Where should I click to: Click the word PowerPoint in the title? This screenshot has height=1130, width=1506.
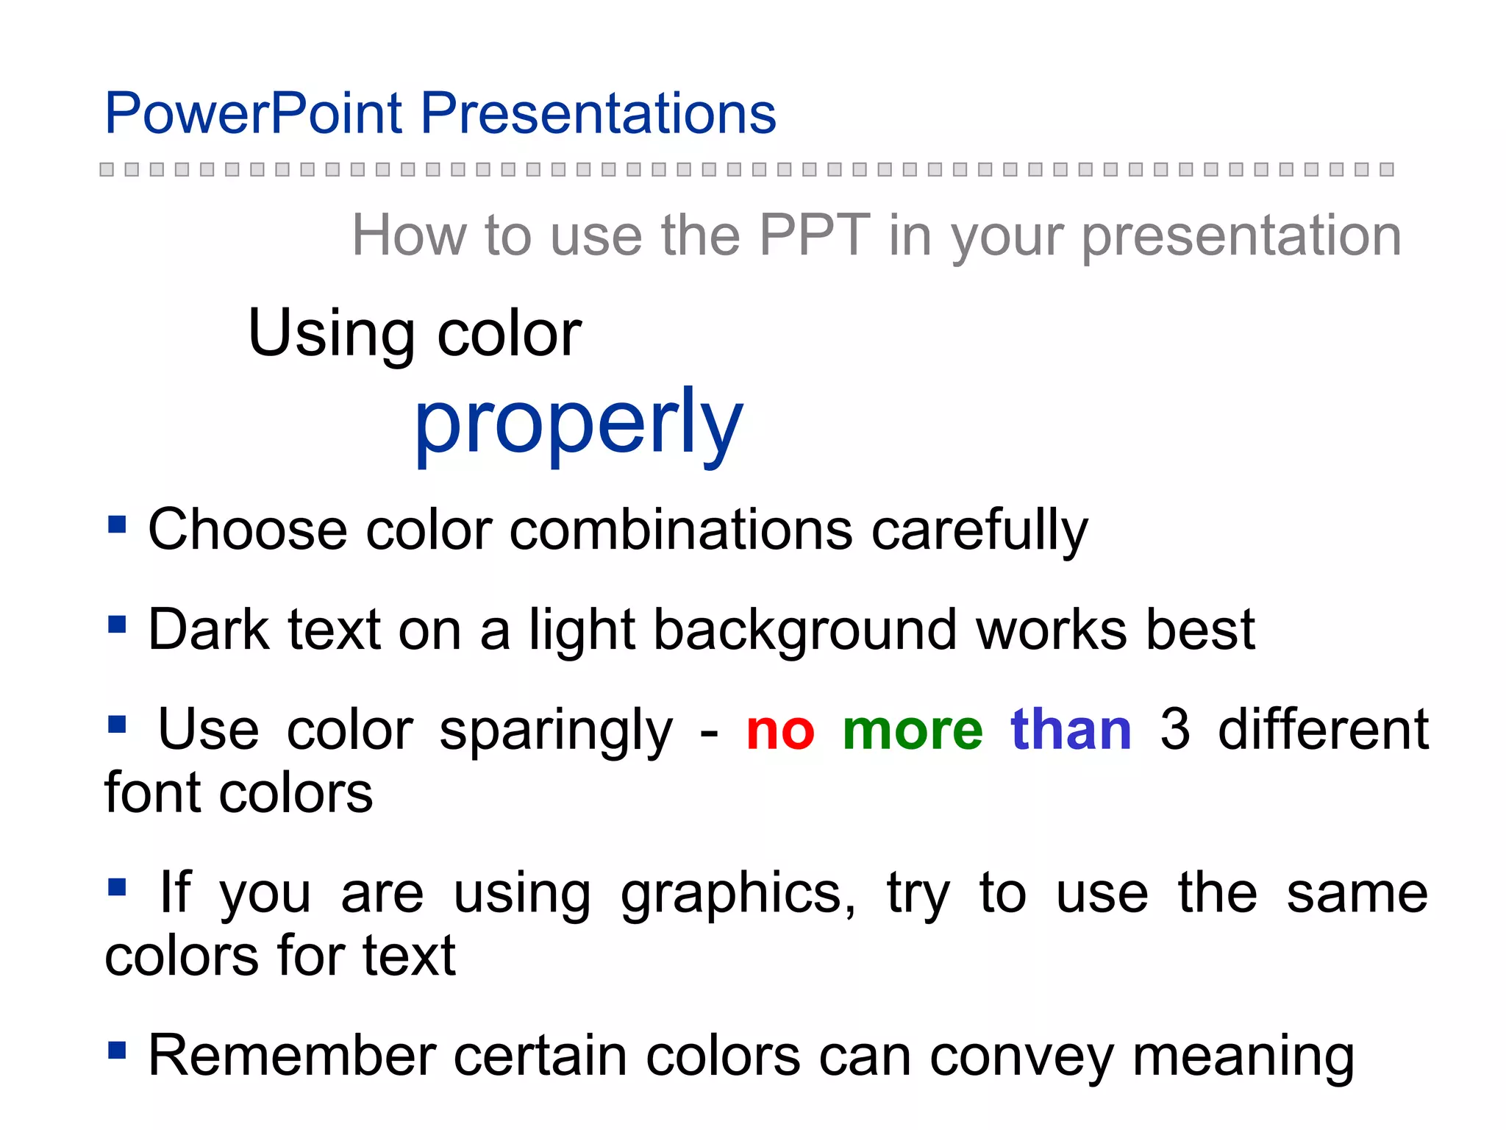click(x=254, y=113)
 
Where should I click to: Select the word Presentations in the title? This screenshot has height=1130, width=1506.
click(x=598, y=113)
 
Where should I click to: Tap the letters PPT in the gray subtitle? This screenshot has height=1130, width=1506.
click(x=815, y=235)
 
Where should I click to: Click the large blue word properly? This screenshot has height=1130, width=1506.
click(x=579, y=424)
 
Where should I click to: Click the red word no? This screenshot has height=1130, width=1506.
click(x=780, y=731)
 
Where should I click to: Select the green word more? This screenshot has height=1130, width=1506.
click(x=913, y=731)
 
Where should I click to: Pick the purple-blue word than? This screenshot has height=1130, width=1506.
click(x=1071, y=731)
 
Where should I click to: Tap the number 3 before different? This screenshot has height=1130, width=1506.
click(x=1174, y=731)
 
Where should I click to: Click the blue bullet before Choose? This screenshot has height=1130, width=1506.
click(x=117, y=525)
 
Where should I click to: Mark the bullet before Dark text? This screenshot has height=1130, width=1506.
click(x=117, y=625)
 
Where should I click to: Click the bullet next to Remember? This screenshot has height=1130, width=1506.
click(x=117, y=1050)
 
